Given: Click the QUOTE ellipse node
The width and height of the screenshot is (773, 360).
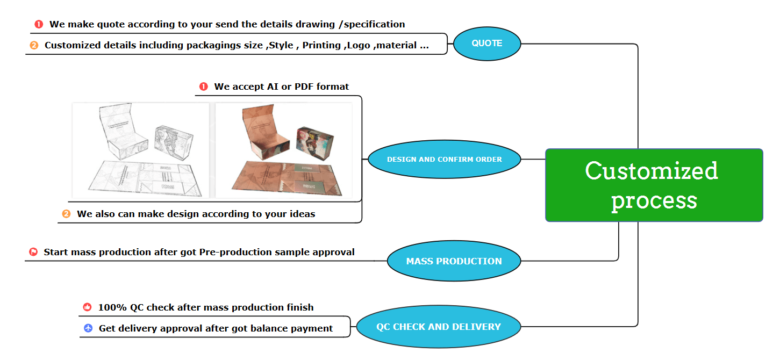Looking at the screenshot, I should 487,44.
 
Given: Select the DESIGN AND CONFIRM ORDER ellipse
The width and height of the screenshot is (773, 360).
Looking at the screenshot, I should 444,160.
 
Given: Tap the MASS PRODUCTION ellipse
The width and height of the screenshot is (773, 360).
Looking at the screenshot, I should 454,261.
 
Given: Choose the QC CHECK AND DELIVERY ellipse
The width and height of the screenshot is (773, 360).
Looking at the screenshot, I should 438,327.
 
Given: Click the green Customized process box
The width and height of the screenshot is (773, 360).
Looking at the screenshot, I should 654,185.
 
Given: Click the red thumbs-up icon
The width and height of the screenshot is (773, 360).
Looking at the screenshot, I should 88,307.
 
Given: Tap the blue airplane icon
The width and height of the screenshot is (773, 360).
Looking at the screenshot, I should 88,328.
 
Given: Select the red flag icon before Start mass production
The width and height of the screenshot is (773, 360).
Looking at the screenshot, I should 33,252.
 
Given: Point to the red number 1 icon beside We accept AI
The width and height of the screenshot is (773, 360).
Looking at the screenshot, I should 203,87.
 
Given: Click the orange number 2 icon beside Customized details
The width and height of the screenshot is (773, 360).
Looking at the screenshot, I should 34,46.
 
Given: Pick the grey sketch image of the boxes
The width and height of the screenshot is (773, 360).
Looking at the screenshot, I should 141,150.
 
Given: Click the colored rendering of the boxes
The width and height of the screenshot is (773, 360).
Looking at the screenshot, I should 284,150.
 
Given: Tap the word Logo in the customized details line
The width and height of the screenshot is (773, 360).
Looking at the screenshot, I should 358,46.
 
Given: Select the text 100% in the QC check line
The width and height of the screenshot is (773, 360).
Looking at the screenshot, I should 113,307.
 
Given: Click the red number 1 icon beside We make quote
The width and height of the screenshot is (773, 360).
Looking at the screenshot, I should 39,24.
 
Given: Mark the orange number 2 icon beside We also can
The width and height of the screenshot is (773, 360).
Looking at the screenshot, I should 66,214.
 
